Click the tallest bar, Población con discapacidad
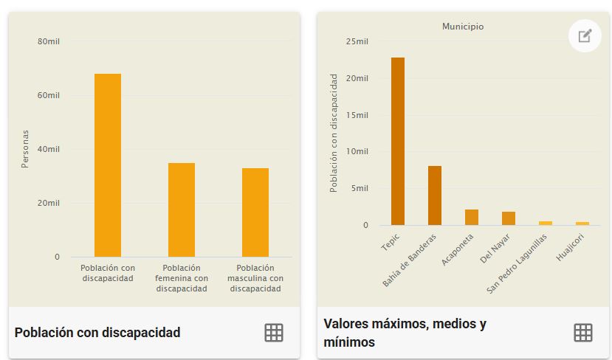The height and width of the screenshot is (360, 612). click(x=108, y=165)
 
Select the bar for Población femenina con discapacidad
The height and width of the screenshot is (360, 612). click(x=182, y=210)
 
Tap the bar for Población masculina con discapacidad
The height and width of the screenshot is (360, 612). click(x=255, y=212)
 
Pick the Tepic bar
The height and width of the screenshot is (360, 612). click(x=398, y=141)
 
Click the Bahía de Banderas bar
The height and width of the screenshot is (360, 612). click(x=435, y=195)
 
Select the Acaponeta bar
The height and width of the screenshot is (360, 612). click(x=472, y=217)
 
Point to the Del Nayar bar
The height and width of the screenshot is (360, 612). click(x=509, y=218)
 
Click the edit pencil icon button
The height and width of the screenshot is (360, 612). click(x=585, y=35)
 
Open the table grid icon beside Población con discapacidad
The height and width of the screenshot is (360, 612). click(x=274, y=333)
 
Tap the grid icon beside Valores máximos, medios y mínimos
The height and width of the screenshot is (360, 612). click(x=583, y=333)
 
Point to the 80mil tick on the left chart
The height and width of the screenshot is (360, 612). click(x=49, y=41)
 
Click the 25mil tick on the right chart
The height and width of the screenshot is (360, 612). click(x=357, y=41)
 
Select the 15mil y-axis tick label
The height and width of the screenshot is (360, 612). click(x=357, y=115)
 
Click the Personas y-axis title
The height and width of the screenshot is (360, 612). click(x=25, y=149)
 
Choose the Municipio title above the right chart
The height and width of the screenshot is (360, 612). click(x=463, y=27)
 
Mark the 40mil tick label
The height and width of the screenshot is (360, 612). click(x=49, y=149)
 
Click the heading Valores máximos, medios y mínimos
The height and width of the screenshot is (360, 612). click(x=405, y=333)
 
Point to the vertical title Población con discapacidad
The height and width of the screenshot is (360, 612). click(x=334, y=133)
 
